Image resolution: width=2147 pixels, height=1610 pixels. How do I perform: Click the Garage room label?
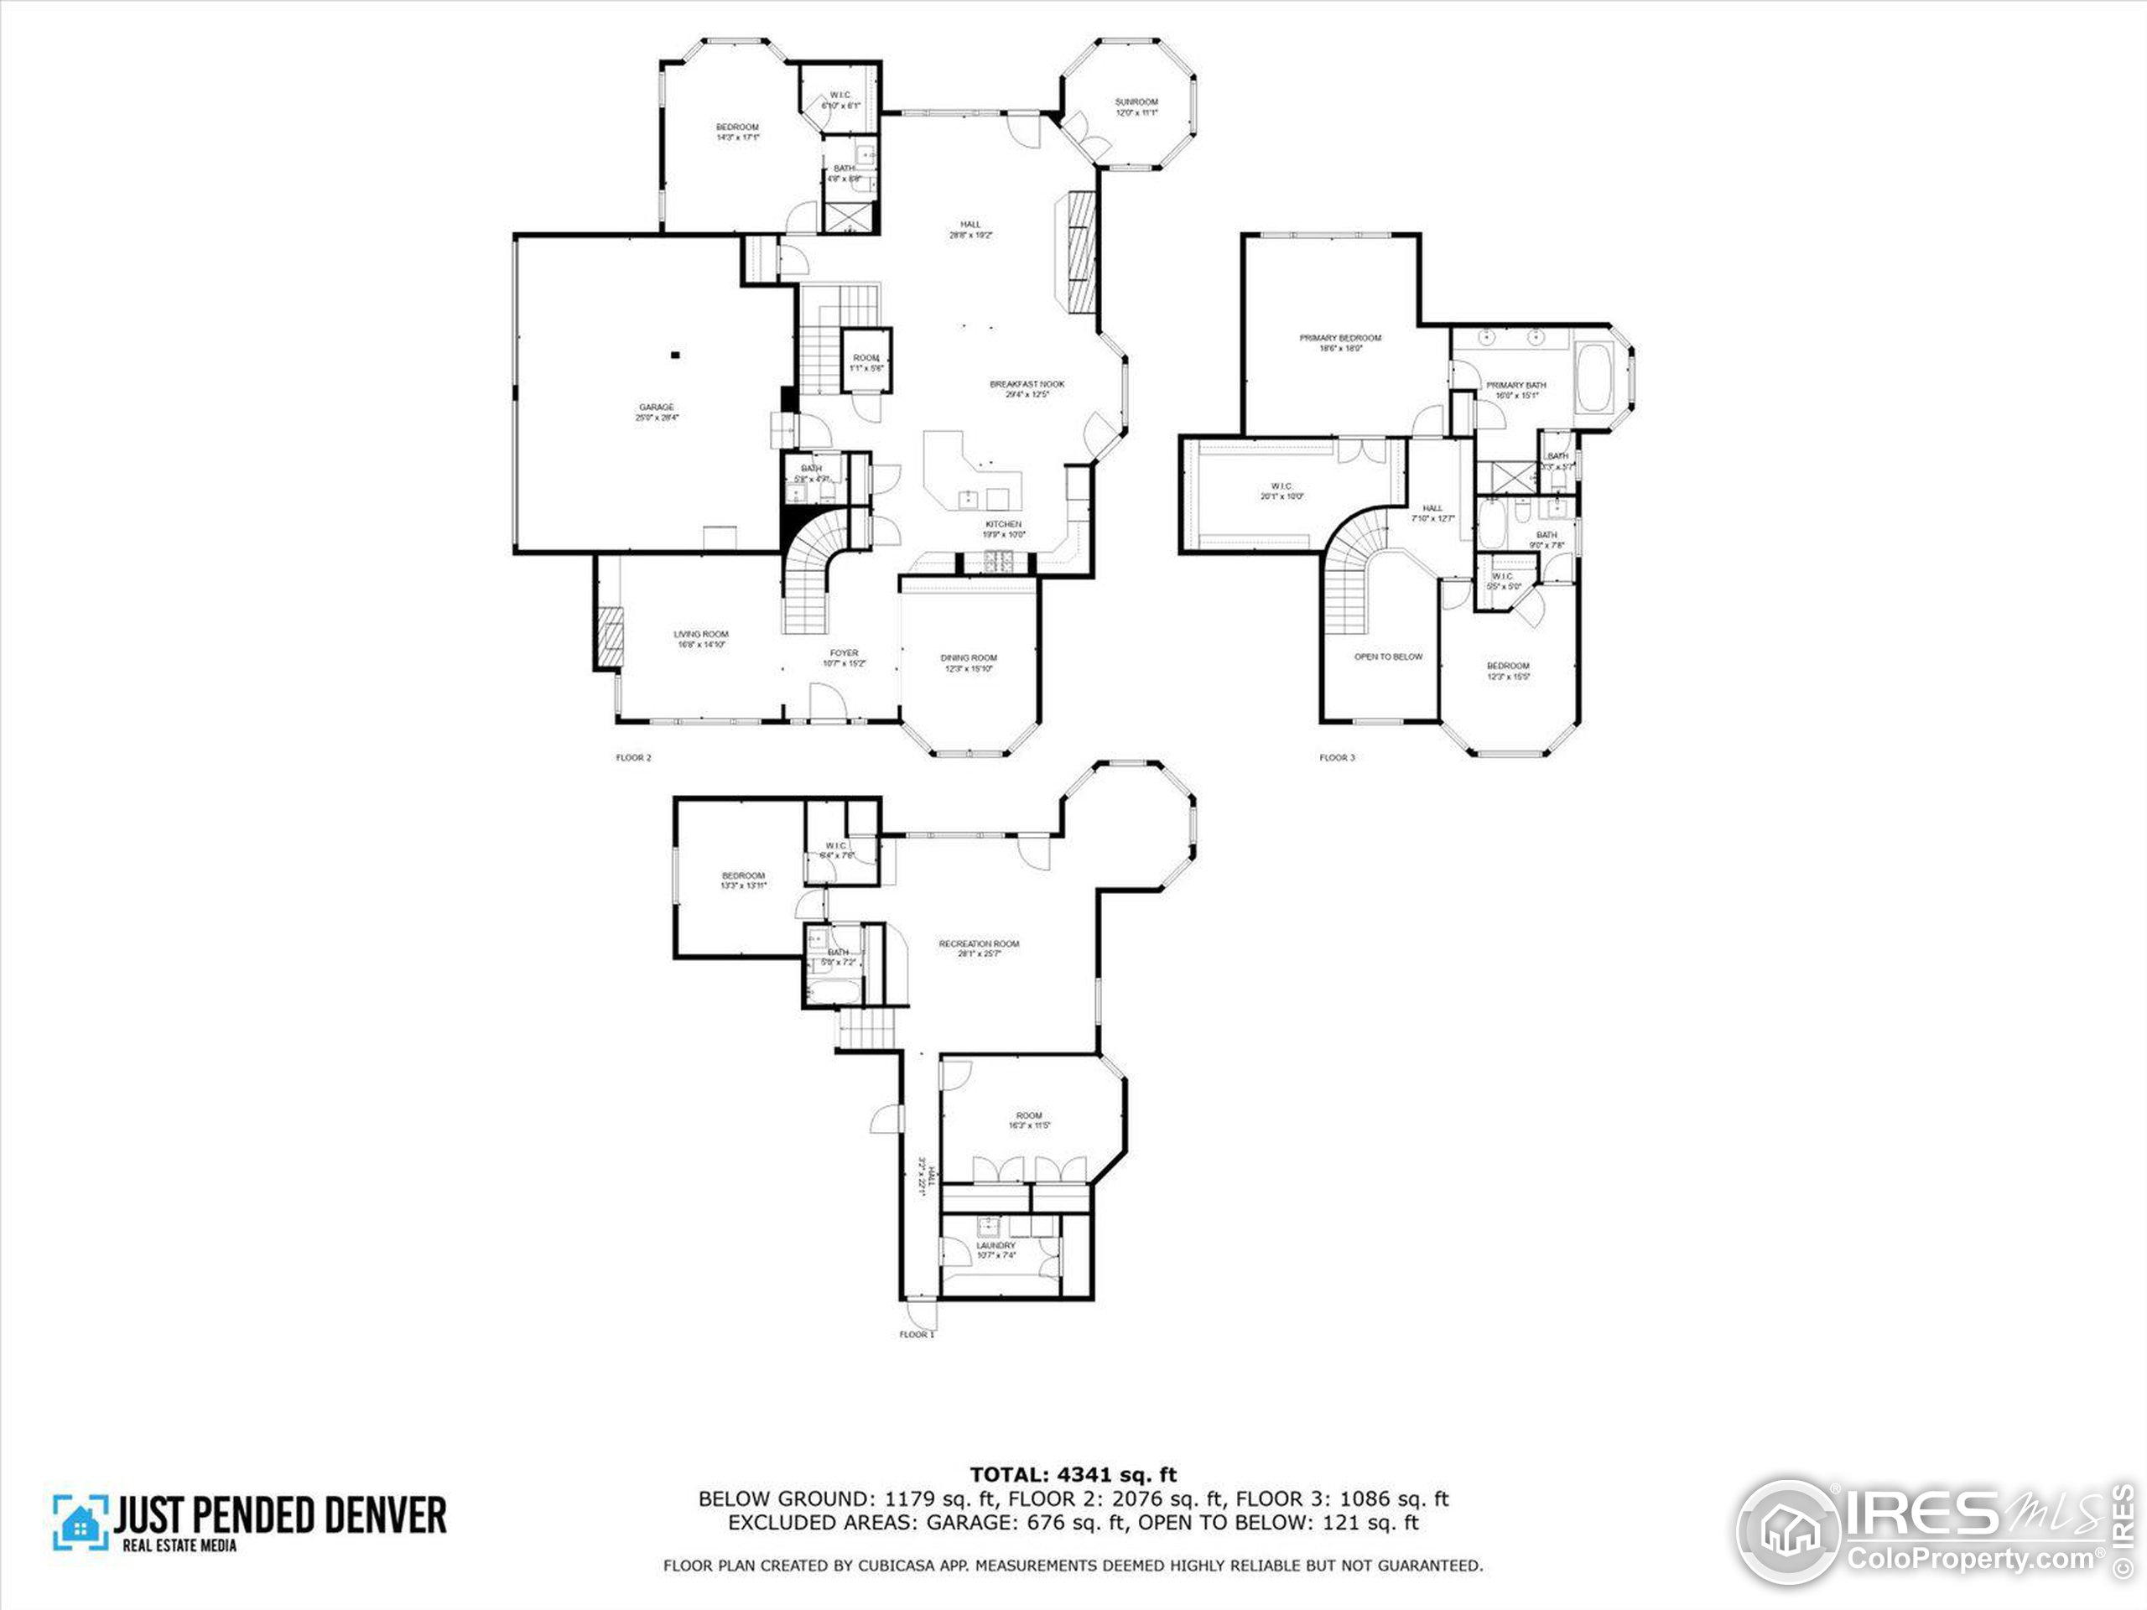point(656,412)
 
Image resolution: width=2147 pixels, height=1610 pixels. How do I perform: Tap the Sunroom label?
point(1136,106)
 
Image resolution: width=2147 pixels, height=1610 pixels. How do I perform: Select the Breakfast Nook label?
point(1027,388)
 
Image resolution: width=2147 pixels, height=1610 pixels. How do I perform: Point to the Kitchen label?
point(1004,529)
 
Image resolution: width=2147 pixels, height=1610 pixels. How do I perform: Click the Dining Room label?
point(969,662)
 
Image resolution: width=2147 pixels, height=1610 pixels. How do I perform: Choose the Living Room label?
point(701,639)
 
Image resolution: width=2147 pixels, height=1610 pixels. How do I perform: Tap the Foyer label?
point(844,658)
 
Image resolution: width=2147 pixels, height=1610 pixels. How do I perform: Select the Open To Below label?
point(1388,657)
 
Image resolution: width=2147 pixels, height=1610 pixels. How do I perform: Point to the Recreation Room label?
point(979,948)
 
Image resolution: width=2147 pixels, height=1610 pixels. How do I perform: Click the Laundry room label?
point(996,1249)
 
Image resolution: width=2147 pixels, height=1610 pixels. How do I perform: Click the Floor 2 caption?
point(634,758)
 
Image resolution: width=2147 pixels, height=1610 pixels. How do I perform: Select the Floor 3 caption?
point(1337,758)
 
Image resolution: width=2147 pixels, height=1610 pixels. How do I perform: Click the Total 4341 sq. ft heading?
point(1073,1475)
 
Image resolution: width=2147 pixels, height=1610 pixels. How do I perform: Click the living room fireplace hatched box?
point(610,637)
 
